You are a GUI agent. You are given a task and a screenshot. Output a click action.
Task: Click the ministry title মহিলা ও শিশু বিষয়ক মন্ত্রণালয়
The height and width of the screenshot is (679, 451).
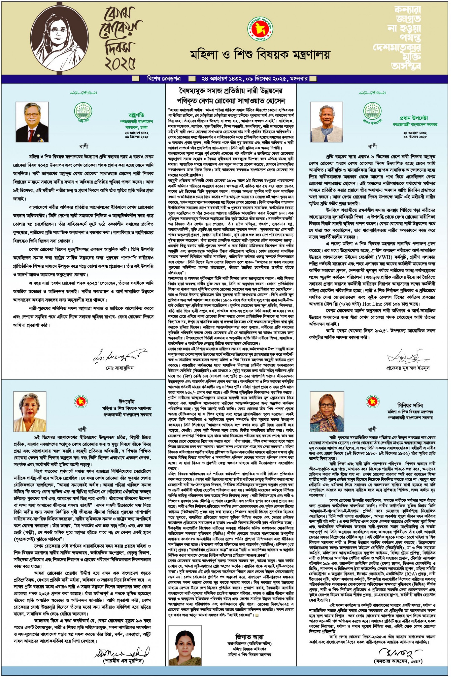[x=260, y=54]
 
